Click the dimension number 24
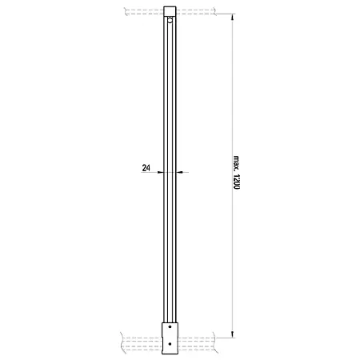(x=146, y=168)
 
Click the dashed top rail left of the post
(x=144, y=11)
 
